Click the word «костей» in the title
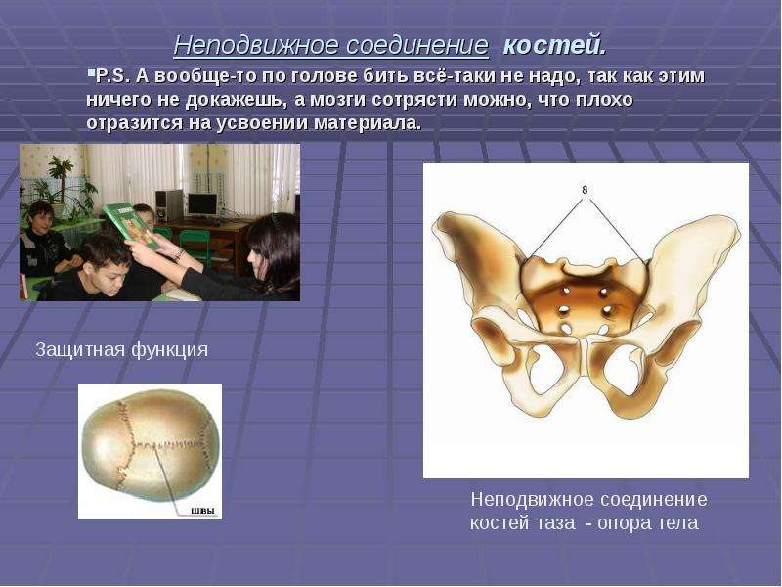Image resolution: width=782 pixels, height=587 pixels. tap(554, 45)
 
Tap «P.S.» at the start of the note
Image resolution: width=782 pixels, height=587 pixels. tap(112, 76)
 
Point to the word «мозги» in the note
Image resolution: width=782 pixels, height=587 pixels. tap(337, 100)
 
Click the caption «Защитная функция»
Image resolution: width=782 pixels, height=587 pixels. tap(122, 350)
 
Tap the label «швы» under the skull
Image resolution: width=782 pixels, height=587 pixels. tap(203, 511)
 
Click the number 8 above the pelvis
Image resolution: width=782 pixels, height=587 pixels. tap(585, 190)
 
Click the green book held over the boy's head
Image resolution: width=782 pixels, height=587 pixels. tap(131, 226)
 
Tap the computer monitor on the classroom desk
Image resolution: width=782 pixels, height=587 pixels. tap(202, 205)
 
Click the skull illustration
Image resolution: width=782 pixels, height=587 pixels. tap(150, 446)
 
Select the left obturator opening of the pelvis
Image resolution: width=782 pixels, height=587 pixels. tap(545, 366)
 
